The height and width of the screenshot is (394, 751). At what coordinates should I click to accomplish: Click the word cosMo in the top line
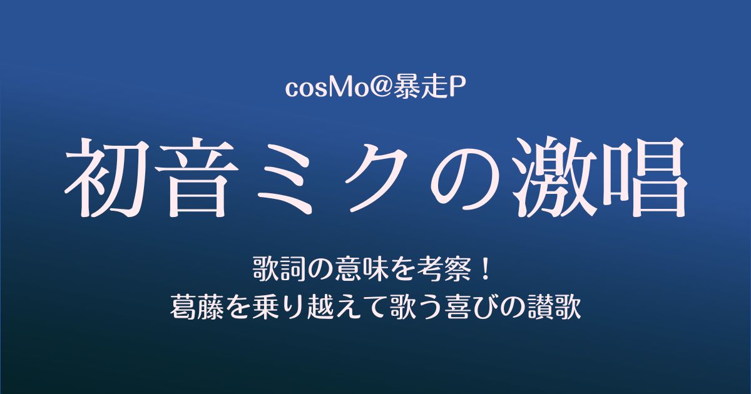click(317, 89)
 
